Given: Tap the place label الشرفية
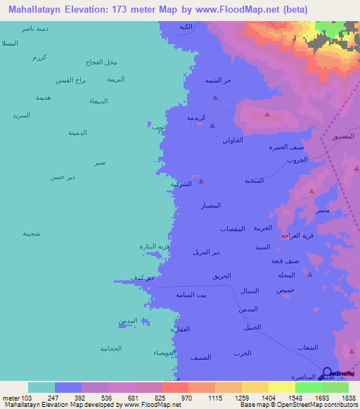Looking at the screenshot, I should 181,184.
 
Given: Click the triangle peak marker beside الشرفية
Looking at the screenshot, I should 201,181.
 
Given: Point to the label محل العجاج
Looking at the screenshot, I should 101,61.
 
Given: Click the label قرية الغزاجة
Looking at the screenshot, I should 296,235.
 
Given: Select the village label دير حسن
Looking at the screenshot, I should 62,177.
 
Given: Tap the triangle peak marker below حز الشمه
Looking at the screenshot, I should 215,98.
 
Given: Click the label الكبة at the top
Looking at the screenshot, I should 186,27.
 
